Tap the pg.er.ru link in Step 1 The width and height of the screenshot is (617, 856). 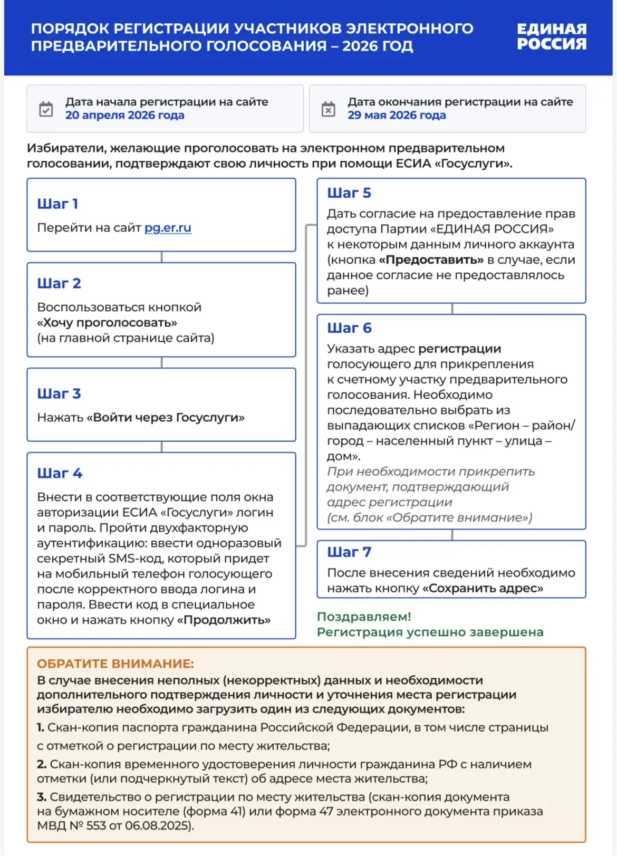click(168, 228)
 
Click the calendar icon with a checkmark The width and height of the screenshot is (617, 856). click(46, 109)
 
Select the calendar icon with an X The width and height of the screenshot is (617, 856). click(328, 109)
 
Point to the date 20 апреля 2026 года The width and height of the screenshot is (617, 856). click(124, 116)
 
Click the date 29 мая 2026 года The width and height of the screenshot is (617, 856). click(397, 116)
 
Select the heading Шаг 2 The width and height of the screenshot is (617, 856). click(59, 284)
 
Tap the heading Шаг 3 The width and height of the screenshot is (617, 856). click(59, 394)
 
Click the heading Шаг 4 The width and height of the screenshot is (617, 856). click(60, 474)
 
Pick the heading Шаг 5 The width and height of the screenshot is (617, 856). click(349, 193)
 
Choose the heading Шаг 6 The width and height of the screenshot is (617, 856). click(349, 328)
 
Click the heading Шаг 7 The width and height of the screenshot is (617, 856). click(349, 552)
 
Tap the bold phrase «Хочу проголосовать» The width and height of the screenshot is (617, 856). click(107, 323)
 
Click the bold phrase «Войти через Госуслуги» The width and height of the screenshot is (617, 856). click(166, 418)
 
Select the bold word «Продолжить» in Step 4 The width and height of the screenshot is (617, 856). click(224, 620)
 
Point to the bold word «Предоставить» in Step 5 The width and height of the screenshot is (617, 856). click(431, 260)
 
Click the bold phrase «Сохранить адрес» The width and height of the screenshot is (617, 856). click(483, 589)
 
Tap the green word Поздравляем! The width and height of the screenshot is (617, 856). click(364, 617)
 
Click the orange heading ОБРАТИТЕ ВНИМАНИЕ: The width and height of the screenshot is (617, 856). click(115, 664)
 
